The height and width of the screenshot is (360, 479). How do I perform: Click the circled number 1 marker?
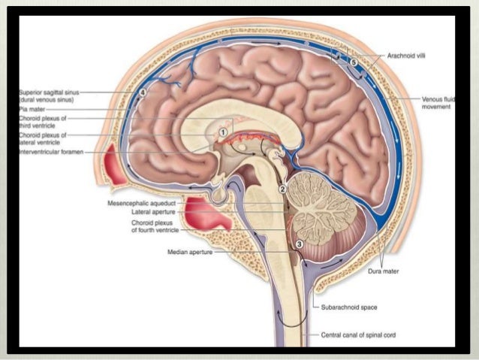click(x=223, y=131)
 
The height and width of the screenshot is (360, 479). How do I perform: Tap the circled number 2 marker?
click(x=283, y=189)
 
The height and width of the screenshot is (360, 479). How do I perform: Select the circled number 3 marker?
click(x=299, y=244)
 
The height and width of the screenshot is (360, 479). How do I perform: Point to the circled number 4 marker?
click(x=143, y=93)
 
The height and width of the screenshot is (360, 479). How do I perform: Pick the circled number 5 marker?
click(x=353, y=61)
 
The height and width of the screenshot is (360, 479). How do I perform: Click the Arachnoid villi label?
click(x=408, y=55)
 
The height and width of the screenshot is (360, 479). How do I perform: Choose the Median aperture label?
click(x=191, y=253)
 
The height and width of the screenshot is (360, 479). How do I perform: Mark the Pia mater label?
click(x=33, y=108)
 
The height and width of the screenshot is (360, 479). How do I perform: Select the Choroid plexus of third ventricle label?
click(x=44, y=122)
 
